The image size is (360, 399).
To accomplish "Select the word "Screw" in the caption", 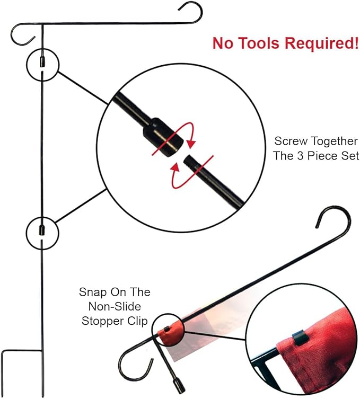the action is tap(291, 141).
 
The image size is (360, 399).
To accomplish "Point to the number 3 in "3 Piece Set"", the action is tap(301, 156).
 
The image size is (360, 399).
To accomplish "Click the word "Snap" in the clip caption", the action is tap(93, 292).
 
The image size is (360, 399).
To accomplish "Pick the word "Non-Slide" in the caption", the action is tap(115, 306).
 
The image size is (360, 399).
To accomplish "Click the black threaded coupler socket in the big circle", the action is tap(162, 137).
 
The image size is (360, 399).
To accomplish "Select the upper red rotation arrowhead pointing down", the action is tap(191, 143).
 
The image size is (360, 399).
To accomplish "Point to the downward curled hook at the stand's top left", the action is tap(21, 34).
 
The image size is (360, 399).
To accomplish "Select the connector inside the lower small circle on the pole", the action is tap(41, 230).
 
